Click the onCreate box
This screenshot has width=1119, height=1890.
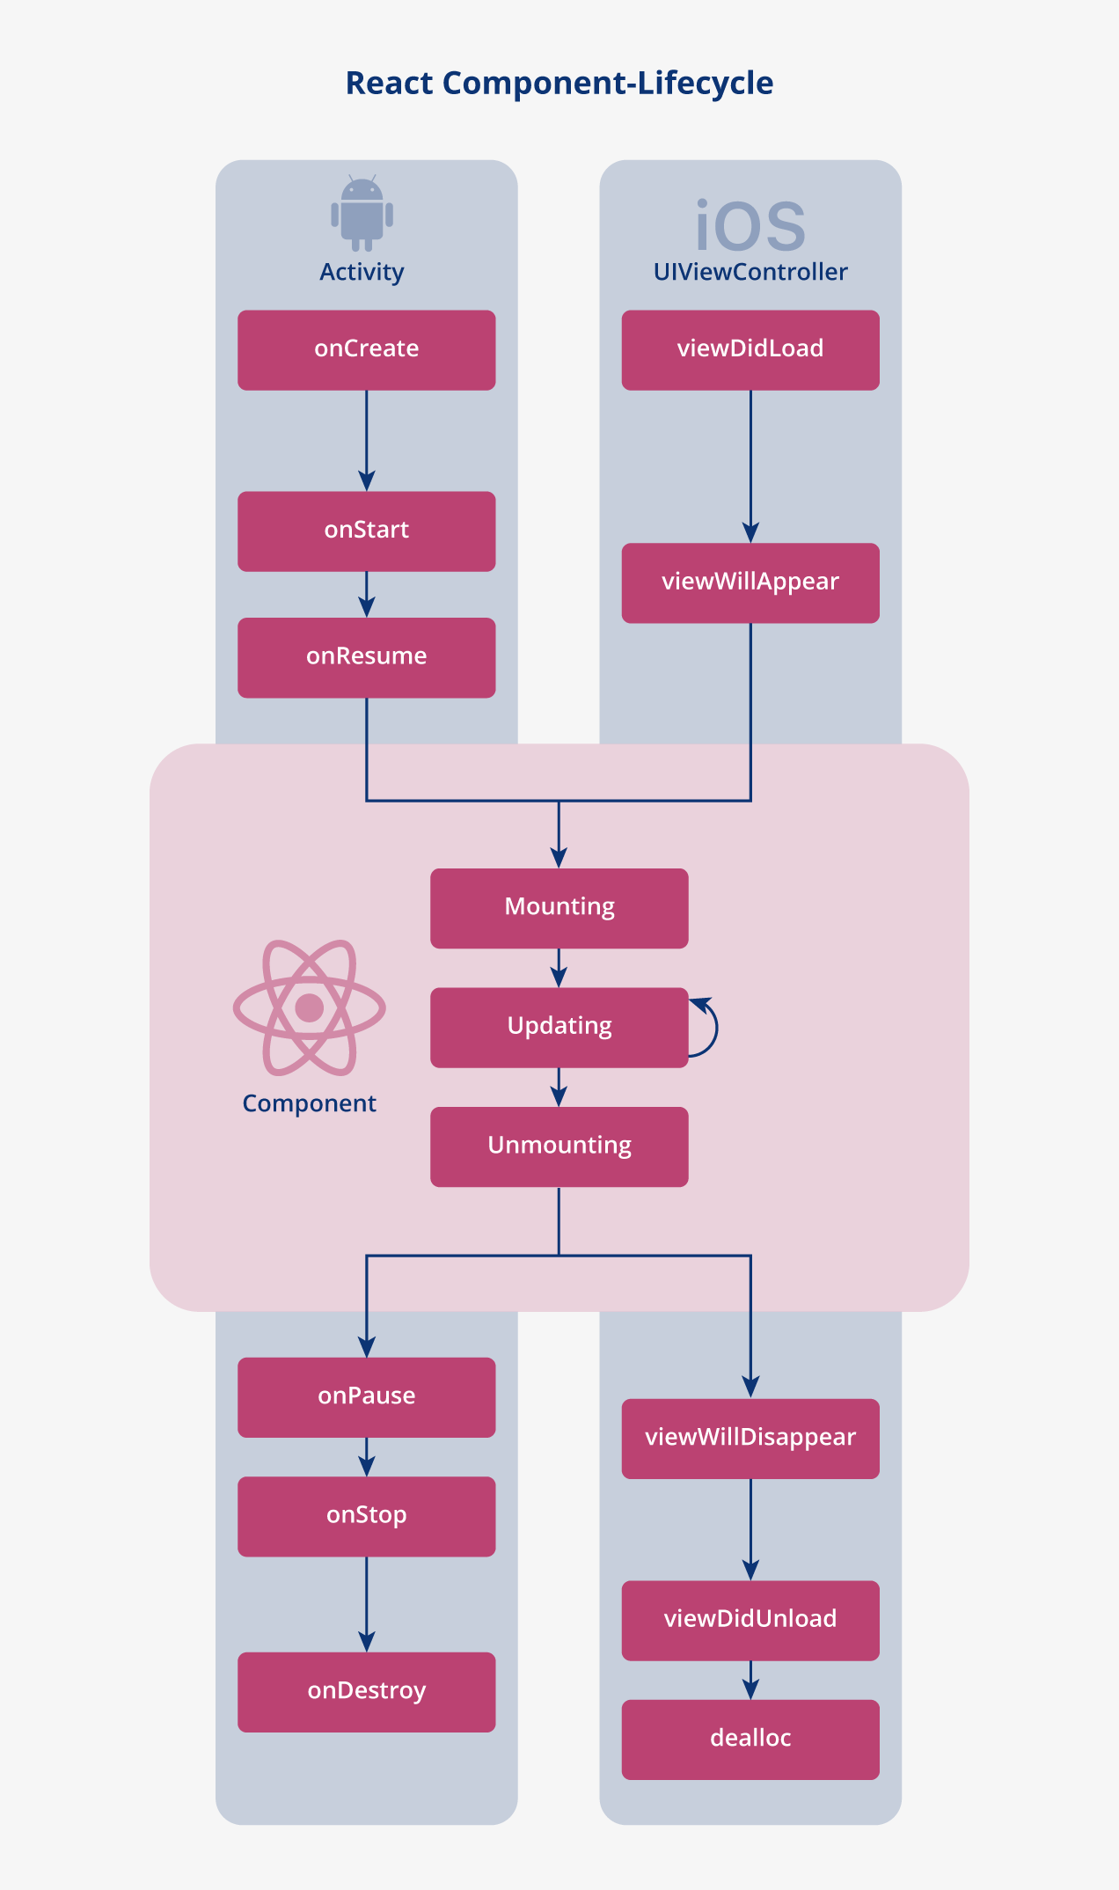click(x=366, y=349)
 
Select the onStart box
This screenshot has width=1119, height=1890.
click(x=366, y=531)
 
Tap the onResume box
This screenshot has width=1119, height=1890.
click(x=366, y=657)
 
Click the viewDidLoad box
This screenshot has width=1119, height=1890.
click(x=750, y=349)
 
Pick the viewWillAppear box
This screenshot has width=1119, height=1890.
click(x=750, y=582)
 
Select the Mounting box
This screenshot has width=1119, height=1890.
click(x=559, y=907)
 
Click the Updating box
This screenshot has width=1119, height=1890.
click(x=559, y=1027)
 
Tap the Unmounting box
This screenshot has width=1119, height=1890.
click(x=559, y=1146)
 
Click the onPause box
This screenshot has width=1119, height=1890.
click(x=366, y=1396)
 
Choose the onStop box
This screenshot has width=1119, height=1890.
click(x=366, y=1515)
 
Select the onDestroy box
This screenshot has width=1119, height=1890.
click(x=366, y=1691)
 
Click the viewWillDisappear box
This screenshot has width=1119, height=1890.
click(x=750, y=1438)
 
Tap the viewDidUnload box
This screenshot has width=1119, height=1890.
click(x=750, y=1620)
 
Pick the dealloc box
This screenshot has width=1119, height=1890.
click(x=750, y=1739)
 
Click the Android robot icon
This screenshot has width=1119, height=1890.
click(x=362, y=214)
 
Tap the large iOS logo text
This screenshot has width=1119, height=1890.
click(x=750, y=226)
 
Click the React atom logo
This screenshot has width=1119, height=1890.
click(x=309, y=1007)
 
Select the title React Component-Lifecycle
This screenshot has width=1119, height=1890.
click(x=559, y=83)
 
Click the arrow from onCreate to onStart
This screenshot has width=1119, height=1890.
click(x=367, y=440)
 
